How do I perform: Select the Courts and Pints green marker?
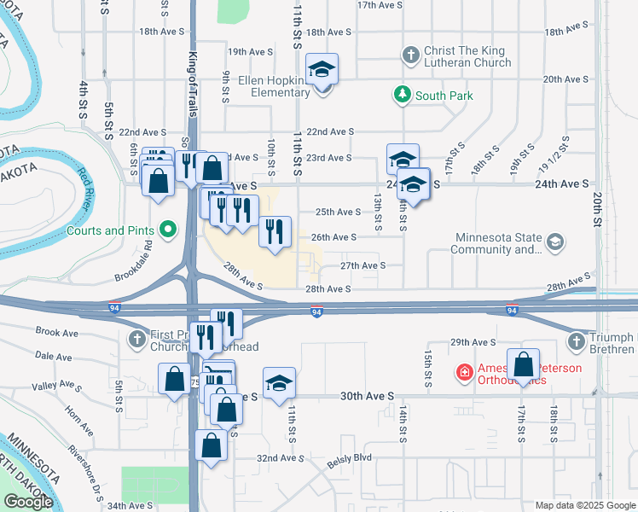168,230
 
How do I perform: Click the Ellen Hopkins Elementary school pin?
322,68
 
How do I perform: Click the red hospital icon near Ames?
463,372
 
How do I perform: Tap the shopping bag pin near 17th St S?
524,365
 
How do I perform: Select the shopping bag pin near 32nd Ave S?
211,445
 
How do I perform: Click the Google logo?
27,502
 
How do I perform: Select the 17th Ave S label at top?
379,5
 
